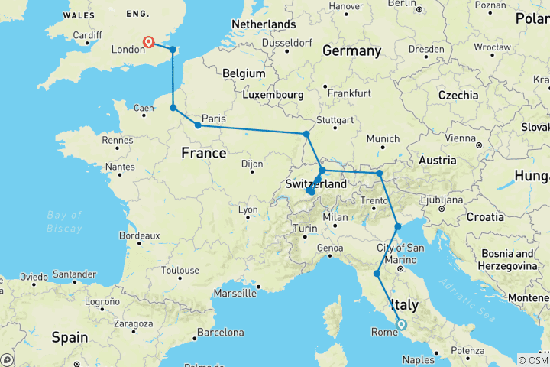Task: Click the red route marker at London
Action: pos(148,43)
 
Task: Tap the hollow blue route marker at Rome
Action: pos(402,325)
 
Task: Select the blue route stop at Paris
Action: pos(198,125)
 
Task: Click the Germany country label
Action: pos(351,51)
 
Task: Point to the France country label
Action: pos(203,153)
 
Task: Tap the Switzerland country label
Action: pos(315,184)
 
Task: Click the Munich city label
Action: pos(383,138)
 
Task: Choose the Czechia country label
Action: pos(458,95)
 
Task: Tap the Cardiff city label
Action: pos(88,35)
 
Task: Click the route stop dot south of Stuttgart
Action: pos(306,135)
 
